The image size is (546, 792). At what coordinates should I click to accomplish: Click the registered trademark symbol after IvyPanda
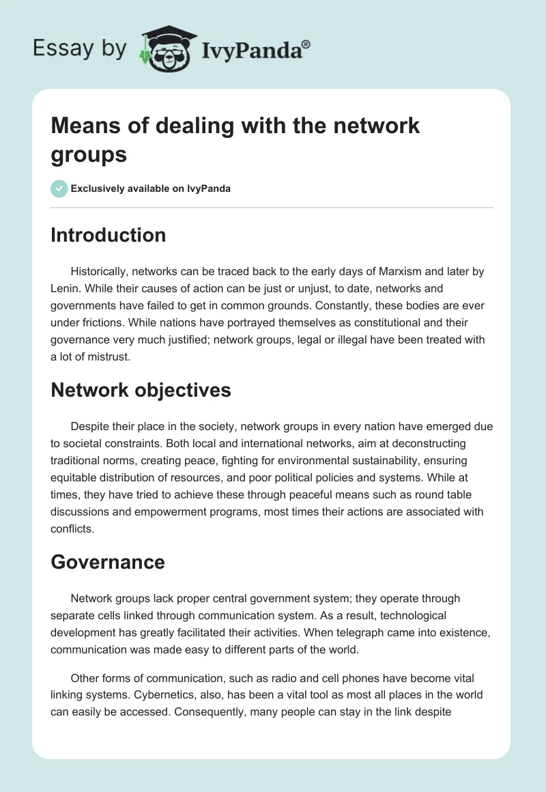pos(306,44)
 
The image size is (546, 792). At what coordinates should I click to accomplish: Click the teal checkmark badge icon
pos(59,188)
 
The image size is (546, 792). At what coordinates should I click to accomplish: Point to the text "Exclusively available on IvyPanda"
pos(151,188)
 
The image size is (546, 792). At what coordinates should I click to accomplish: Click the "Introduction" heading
pos(109,235)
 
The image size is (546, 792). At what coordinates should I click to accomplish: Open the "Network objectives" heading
pos(141,390)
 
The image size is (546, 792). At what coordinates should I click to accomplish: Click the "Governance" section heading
pos(108,562)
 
